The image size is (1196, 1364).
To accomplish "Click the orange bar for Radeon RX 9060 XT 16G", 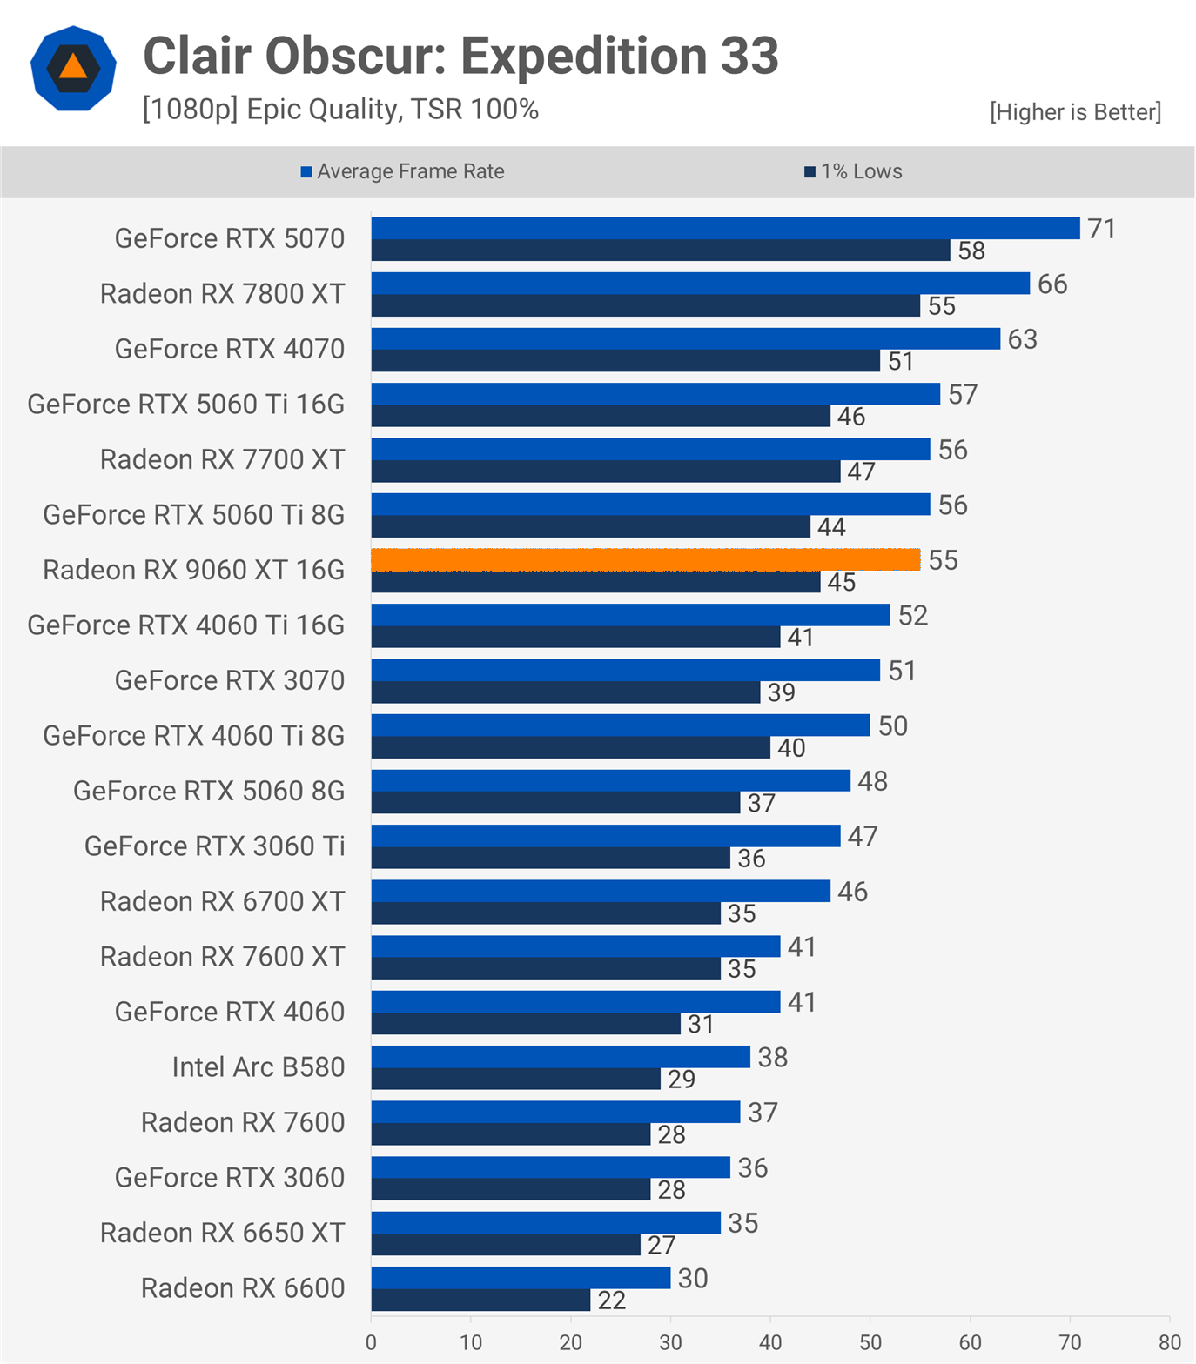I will (645, 560).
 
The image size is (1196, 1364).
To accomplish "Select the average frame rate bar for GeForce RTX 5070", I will (725, 229).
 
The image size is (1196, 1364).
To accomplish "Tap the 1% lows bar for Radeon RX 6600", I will (480, 1300).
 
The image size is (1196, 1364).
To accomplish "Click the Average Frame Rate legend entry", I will (402, 171).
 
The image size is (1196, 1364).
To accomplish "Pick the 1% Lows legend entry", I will (853, 171).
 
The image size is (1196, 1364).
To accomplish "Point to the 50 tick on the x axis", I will (870, 1342).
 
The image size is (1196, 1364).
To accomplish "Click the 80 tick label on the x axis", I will (1170, 1342).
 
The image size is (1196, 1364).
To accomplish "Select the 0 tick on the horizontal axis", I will (372, 1342).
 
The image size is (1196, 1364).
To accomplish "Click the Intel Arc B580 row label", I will (259, 1066).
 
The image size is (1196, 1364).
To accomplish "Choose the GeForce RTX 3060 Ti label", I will (214, 846).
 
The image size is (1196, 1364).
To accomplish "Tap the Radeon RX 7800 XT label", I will (222, 293).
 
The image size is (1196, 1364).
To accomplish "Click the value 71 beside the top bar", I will (1101, 229).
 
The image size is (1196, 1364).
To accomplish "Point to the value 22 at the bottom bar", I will (611, 1300).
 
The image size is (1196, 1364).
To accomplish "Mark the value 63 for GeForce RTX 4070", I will (1022, 339).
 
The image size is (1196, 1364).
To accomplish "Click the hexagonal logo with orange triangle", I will (73, 68).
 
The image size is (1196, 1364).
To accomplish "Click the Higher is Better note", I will (1075, 111).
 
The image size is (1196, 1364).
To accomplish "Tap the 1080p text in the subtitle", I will (191, 110).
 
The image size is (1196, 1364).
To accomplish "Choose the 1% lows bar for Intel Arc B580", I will (515, 1080).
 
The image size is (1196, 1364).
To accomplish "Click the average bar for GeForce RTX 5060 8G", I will (610, 781).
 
